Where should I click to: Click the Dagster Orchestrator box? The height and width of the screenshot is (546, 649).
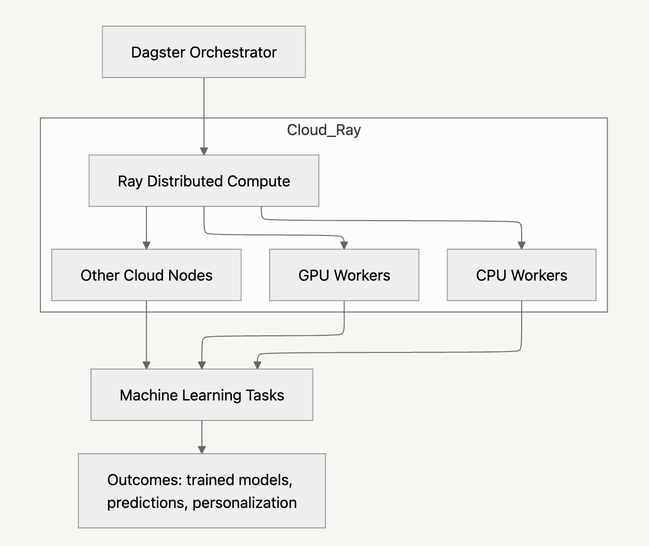pyautogui.click(x=203, y=52)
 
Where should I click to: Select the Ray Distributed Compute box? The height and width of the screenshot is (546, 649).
pyautogui.click(x=203, y=181)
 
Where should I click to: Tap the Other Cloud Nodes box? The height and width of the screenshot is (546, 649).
pyautogui.click(x=146, y=275)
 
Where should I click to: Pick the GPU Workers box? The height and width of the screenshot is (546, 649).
pyautogui.click(x=344, y=275)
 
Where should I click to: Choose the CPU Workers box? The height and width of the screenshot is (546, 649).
pyautogui.click(x=521, y=275)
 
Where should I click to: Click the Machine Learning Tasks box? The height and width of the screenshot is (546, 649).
pyautogui.click(x=201, y=395)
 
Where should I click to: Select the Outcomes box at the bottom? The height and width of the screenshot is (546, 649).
pyautogui.click(x=201, y=491)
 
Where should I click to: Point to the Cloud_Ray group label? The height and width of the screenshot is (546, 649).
pyautogui.click(x=324, y=130)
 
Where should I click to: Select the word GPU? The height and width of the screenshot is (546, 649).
pyautogui.click(x=314, y=275)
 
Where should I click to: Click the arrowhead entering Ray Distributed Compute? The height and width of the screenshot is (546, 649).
pyautogui.click(x=204, y=151)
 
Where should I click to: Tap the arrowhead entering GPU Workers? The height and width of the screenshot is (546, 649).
pyautogui.click(x=344, y=245)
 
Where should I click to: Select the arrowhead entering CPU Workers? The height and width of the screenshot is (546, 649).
pyautogui.click(x=521, y=245)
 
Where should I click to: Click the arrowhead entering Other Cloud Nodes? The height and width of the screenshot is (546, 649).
pyautogui.click(x=146, y=245)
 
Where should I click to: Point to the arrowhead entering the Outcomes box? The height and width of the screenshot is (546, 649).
pyautogui.click(x=201, y=450)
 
